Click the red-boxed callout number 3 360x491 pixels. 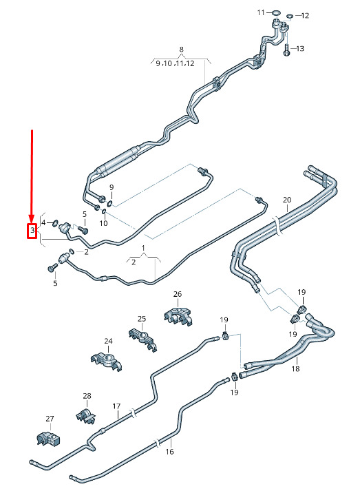point(32,231)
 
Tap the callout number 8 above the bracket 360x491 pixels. point(182,49)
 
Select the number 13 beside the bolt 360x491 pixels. point(300,48)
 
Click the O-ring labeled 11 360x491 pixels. point(276,13)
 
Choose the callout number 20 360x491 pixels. point(287,200)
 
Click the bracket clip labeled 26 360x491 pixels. point(178,316)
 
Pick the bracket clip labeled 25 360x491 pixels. point(142,339)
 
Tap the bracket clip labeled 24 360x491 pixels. point(106,362)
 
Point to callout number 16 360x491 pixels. point(169,452)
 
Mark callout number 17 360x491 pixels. point(116,406)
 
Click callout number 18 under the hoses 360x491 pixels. point(295,368)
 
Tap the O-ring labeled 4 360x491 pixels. point(55,223)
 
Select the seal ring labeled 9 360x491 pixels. point(110,204)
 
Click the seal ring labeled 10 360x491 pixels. point(104,213)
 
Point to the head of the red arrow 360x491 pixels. point(31,218)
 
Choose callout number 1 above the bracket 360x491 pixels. point(143,249)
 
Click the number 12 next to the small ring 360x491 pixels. point(305,15)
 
